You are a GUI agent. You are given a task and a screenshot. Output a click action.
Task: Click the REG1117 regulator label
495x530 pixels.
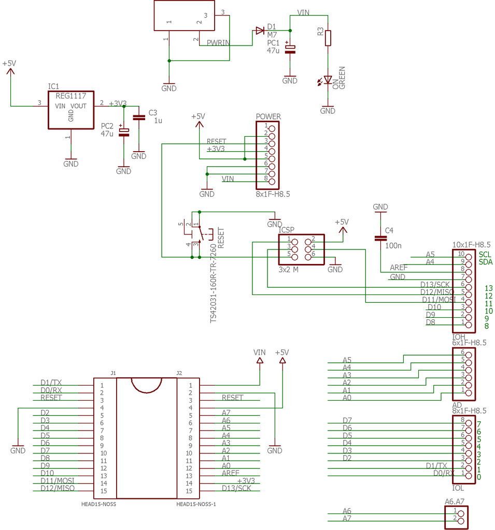coord(67,96)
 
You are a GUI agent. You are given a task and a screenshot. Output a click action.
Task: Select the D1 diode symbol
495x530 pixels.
coord(260,31)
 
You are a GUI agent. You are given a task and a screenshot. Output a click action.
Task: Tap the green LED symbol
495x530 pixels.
coord(328,80)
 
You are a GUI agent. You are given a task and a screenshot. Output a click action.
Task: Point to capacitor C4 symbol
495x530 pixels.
coord(380,238)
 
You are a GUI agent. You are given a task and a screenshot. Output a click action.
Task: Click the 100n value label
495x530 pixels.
coord(393,245)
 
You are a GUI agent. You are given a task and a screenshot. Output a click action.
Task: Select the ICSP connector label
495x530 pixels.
coord(287,229)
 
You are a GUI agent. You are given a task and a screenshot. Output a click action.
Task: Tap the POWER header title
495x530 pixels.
coord(268,116)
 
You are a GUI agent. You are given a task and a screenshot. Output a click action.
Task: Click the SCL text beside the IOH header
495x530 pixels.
coord(485,255)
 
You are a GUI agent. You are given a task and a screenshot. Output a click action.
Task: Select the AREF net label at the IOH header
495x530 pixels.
coord(399,268)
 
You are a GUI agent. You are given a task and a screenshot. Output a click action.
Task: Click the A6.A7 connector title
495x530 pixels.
coord(455,500)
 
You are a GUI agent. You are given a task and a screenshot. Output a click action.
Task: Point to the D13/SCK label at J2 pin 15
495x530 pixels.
coord(236,488)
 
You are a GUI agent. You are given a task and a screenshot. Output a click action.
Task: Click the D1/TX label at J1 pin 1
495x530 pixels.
coord(51,382)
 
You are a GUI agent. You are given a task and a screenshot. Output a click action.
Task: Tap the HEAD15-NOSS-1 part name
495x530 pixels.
coord(196,504)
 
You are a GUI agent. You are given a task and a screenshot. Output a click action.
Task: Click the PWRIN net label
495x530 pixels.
coord(218,43)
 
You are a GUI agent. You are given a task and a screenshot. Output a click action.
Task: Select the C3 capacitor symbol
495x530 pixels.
coord(138,117)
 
